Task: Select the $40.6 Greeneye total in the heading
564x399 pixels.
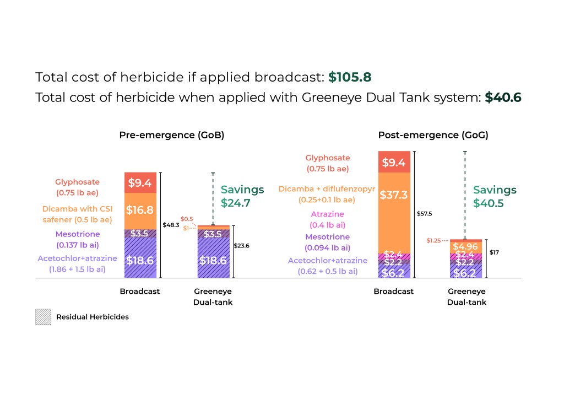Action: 503,98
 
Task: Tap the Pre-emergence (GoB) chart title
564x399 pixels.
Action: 172,134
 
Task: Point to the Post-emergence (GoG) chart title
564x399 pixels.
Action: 433,134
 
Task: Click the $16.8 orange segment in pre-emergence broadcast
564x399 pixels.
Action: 140,211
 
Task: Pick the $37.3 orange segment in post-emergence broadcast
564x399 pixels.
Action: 394,211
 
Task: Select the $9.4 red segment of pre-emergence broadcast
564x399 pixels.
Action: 140,182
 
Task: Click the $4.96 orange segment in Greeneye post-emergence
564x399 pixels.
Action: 465,246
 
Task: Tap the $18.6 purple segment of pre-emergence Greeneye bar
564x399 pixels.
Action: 213,261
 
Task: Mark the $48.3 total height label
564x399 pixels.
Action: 171,225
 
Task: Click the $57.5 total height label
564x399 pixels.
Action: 425,213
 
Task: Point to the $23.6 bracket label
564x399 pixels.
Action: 241,246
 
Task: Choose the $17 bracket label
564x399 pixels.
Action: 494,252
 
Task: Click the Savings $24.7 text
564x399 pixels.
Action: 242,196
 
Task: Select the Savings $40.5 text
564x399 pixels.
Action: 495,196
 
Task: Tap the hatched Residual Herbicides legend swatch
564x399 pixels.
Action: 43,317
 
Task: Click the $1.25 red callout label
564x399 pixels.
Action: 433,241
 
